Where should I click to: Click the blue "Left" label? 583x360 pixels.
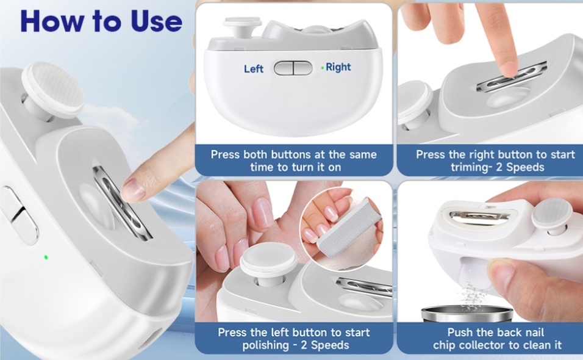click(254, 69)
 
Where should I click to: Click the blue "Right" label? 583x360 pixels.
click(338, 67)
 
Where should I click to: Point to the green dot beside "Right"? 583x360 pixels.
click(323, 68)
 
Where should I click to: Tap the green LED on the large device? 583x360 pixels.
click(46, 257)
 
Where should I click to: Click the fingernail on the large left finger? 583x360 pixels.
click(133, 190)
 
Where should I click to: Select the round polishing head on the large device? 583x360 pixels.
click(53, 89)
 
